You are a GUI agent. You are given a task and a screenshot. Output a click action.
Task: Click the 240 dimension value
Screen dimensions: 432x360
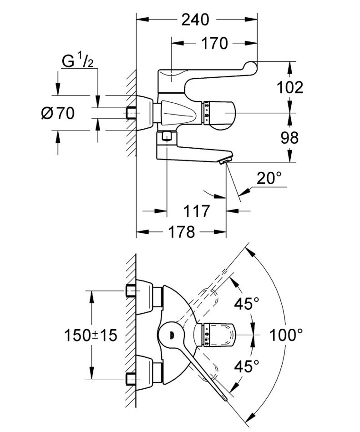195,20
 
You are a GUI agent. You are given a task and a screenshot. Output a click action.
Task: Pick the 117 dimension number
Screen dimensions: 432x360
196,211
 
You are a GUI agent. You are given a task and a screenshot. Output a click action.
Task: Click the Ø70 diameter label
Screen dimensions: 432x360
57,113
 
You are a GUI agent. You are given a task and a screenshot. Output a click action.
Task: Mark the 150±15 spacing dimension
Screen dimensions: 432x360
90,336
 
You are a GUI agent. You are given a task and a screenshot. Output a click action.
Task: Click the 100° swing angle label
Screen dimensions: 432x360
286,336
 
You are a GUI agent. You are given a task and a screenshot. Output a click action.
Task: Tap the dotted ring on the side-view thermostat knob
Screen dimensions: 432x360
207,113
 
